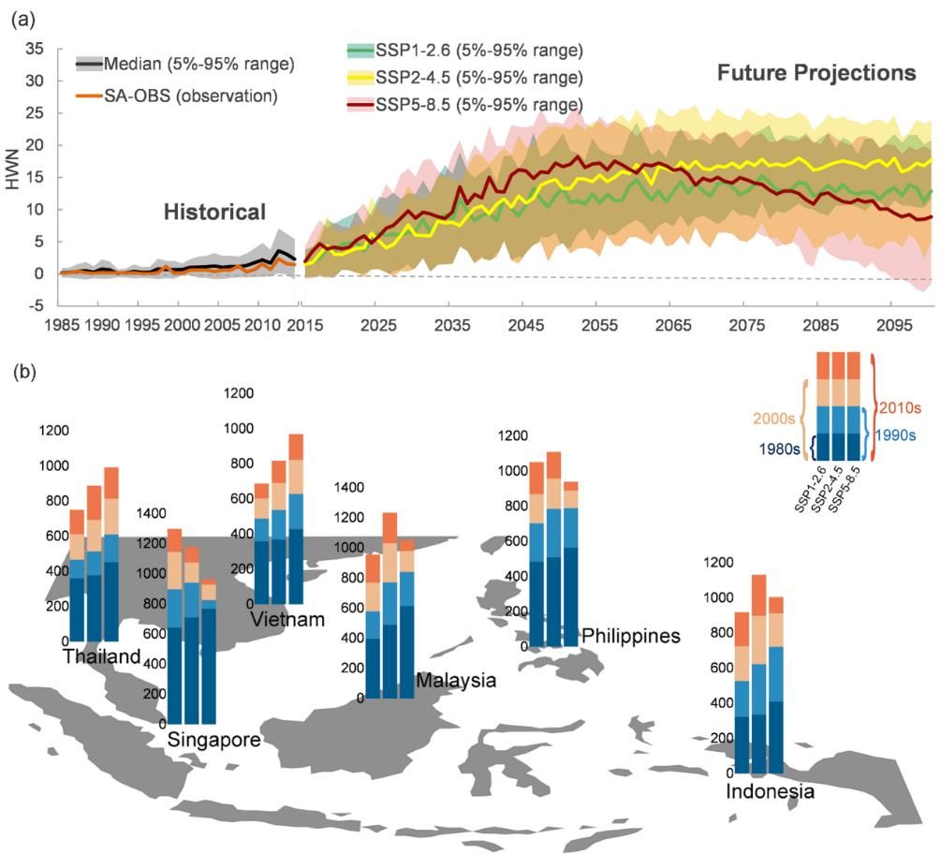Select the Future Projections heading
(x=815, y=72)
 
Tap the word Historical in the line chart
(x=214, y=213)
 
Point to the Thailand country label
(x=101, y=656)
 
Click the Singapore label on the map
(x=213, y=740)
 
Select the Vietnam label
(x=287, y=619)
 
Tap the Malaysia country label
(x=455, y=680)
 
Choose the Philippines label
(x=630, y=636)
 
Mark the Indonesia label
(x=770, y=791)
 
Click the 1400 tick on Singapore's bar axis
(x=150, y=513)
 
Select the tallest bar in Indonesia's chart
(x=758, y=674)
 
